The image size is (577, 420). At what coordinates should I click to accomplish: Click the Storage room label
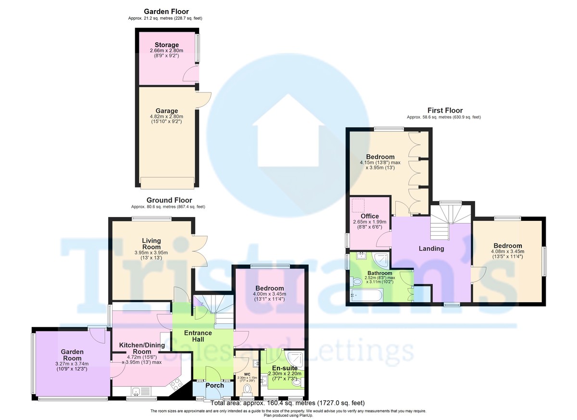click(167, 45)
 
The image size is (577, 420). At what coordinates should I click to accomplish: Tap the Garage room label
click(167, 111)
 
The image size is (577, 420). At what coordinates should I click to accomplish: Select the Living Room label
click(151, 244)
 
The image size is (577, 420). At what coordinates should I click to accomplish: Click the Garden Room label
click(73, 355)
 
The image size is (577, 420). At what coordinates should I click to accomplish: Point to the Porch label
click(214, 385)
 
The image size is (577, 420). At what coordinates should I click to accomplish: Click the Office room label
click(370, 216)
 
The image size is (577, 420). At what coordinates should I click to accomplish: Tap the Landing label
click(431, 249)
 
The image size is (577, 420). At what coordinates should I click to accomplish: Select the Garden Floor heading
click(166, 12)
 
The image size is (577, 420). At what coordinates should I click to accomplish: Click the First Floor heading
click(445, 110)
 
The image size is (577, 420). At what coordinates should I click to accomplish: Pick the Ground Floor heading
click(169, 200)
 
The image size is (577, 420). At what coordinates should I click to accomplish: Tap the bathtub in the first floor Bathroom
click(366, 295)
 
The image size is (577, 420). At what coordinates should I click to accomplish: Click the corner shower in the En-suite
click(296, 358)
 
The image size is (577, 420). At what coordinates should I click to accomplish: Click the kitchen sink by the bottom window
click(142, 392)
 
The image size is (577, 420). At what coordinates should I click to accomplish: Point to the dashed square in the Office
click(358, 205)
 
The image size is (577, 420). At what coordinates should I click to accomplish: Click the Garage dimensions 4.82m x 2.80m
click(167, 116)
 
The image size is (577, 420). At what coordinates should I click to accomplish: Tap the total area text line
click(288, 403)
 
